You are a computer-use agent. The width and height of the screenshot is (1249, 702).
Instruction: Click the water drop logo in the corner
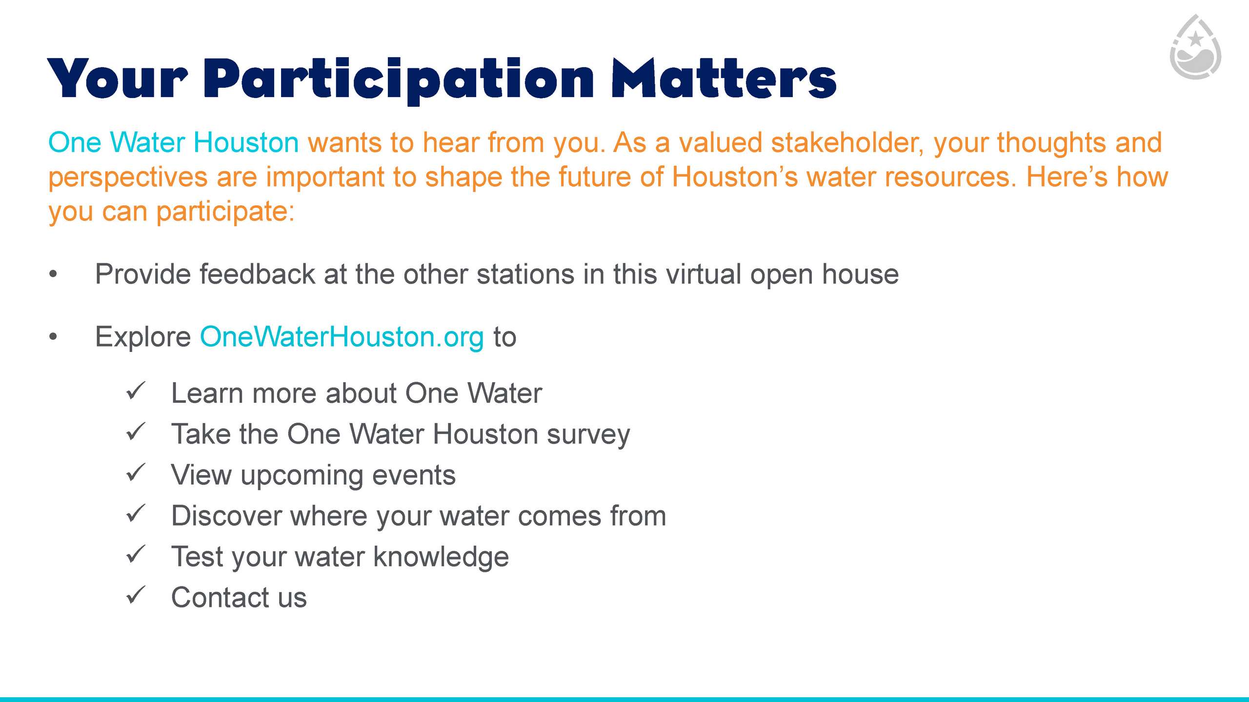coord(1195,47)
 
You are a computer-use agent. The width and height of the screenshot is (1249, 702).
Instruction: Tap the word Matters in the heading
coord(724,78)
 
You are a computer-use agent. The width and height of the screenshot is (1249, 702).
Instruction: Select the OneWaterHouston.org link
coord(342,336)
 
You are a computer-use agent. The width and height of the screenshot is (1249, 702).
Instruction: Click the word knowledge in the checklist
coord(441,557)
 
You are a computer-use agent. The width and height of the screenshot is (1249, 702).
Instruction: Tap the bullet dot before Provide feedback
coord(53,275)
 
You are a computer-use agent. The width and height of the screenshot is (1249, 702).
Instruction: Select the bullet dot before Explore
coord(53,337)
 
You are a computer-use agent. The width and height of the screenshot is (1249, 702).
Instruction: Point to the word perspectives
coord(128,178)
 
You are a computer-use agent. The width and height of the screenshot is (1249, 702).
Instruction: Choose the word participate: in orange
coord(225,213)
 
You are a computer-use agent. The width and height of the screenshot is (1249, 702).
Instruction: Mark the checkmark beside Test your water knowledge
coord(136,554)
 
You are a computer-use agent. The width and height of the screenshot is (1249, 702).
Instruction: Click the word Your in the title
coord(118,78)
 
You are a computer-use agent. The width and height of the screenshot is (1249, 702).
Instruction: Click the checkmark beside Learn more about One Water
coord(136,390)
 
